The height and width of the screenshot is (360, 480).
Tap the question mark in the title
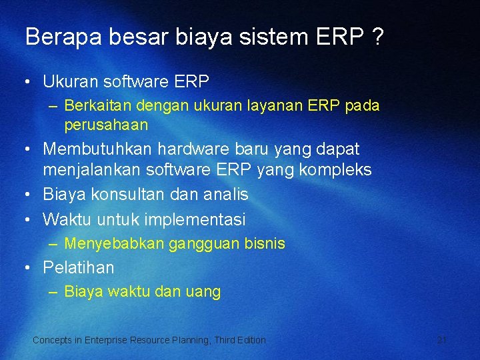tap(378, 37)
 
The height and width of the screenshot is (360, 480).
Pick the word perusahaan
tap(106, 125)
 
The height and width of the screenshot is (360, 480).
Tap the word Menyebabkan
tap(113, 244)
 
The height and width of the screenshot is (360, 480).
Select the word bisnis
tap(263, 244)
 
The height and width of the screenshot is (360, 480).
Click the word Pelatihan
tap(79, 268)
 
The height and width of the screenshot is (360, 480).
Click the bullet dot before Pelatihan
tap(27, 268)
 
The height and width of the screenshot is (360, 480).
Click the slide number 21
tap(441, 340)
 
